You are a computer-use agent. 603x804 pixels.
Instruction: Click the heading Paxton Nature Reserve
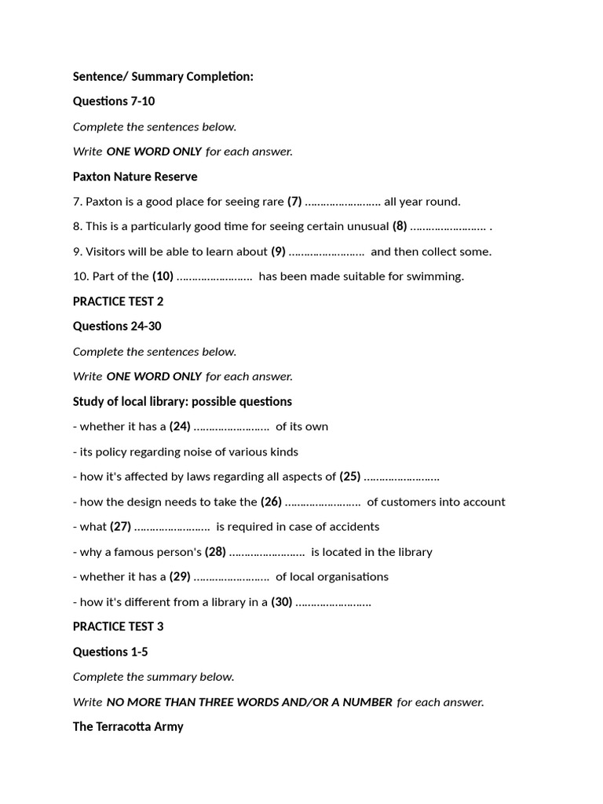(x=134, y=177)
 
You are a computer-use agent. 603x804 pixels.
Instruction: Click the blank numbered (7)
(x=342, y=203)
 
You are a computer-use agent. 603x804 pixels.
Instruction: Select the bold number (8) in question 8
(x=400, y=227)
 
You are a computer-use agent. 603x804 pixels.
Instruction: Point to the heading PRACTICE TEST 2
(x=118, y=301)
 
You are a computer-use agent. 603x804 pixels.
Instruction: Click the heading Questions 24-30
(x=117, y=326)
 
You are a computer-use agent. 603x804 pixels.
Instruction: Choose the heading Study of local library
(x=182, y=401)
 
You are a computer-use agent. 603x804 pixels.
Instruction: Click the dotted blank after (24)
(x=232, y=428)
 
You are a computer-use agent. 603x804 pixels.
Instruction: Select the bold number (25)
(x=350, y=477)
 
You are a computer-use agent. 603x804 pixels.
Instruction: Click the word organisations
(x=349, y=577)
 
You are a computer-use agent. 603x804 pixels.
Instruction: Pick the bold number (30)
(x=282, y=602)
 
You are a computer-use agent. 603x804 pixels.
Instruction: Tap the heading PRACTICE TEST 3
(x=118, y=627)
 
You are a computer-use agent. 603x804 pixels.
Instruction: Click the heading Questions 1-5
(x=110, y=652)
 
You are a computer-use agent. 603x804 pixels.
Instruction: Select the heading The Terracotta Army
(x=128, y=727)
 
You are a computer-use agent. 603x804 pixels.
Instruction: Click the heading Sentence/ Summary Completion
(x=163, y=76)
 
